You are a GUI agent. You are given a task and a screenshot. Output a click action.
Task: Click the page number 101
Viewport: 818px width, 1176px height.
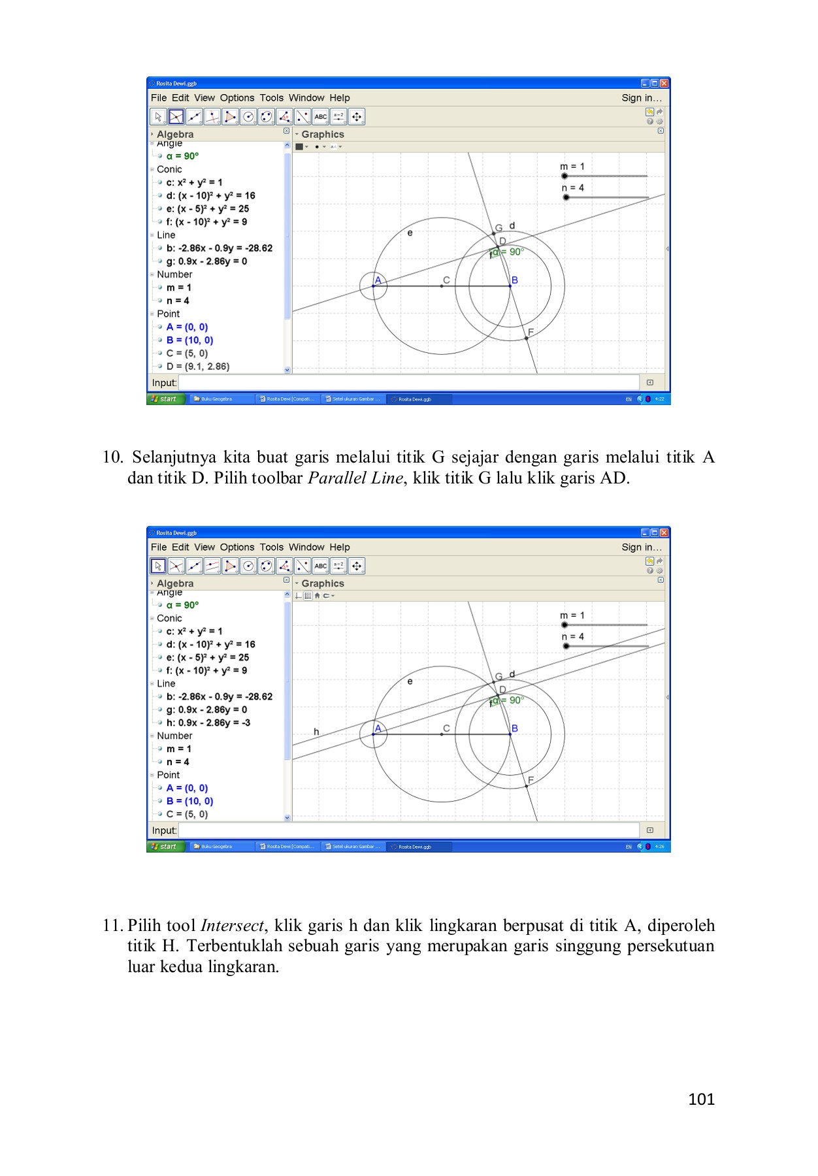click(x=701, y=1100)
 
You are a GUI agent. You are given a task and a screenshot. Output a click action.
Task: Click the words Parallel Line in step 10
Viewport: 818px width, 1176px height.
click(x=355, y=478)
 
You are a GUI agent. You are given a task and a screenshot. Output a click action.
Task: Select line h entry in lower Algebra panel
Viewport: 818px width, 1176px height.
click(x=208, y=723)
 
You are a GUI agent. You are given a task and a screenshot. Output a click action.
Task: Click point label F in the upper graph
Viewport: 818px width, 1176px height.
click(x=531, y=332)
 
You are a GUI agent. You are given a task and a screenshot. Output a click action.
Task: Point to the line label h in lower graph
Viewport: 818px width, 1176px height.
click(x=316, y=732)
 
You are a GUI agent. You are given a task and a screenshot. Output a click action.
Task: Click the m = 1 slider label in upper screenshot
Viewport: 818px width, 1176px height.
click(x=572, y=167)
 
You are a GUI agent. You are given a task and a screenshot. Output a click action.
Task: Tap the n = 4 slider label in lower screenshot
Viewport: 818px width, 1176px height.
click(x=572, y=636)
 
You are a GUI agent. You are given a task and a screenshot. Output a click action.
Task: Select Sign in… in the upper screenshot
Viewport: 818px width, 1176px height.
click(x=641, y=98)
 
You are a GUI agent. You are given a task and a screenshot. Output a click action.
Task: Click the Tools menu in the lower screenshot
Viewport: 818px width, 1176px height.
click(x=271, y=547)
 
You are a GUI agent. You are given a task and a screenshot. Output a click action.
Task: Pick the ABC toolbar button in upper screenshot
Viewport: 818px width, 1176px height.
click(x=320, y=117)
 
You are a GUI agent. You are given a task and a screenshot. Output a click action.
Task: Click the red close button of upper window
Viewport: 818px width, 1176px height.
click(x=664, y=84)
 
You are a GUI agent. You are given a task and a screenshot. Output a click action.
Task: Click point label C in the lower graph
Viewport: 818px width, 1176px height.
click(x=446, y=728)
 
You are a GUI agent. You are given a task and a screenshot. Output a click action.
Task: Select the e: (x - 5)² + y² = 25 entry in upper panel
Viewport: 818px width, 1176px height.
click(x=207, y=208)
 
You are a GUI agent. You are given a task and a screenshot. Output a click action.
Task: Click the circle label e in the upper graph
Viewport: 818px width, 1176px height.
click(x=410, y=233)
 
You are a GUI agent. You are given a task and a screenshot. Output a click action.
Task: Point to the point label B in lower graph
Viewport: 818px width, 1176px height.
click(x=515, y=728)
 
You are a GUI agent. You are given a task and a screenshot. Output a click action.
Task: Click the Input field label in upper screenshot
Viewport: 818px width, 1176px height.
click(x=164, y=383)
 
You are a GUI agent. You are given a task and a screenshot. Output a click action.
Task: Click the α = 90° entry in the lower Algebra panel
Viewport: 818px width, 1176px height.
click(x=182, y=605)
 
